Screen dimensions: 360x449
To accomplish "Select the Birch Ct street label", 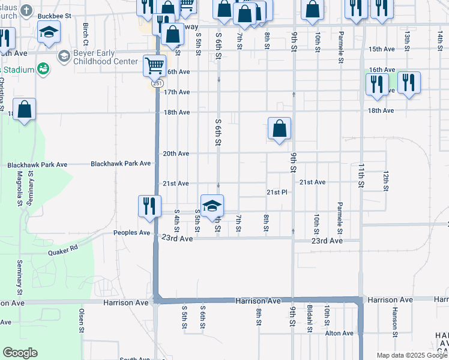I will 86,34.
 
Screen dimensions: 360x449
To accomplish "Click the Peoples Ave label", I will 132,233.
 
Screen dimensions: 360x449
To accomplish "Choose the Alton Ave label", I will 339,333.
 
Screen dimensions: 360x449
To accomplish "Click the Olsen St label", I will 80,320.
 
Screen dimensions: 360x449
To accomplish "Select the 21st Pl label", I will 278,192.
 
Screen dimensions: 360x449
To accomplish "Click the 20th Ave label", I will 176,154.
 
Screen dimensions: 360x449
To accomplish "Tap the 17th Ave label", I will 176,92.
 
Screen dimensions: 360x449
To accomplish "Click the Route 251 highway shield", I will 157,84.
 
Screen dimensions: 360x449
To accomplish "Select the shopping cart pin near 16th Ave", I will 154,65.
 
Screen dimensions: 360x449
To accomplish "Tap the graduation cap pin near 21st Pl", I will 212,206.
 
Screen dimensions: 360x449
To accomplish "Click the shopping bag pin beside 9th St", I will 279,128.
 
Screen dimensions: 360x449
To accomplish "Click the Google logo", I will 20,353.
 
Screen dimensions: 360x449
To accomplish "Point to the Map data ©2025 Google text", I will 411,355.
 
